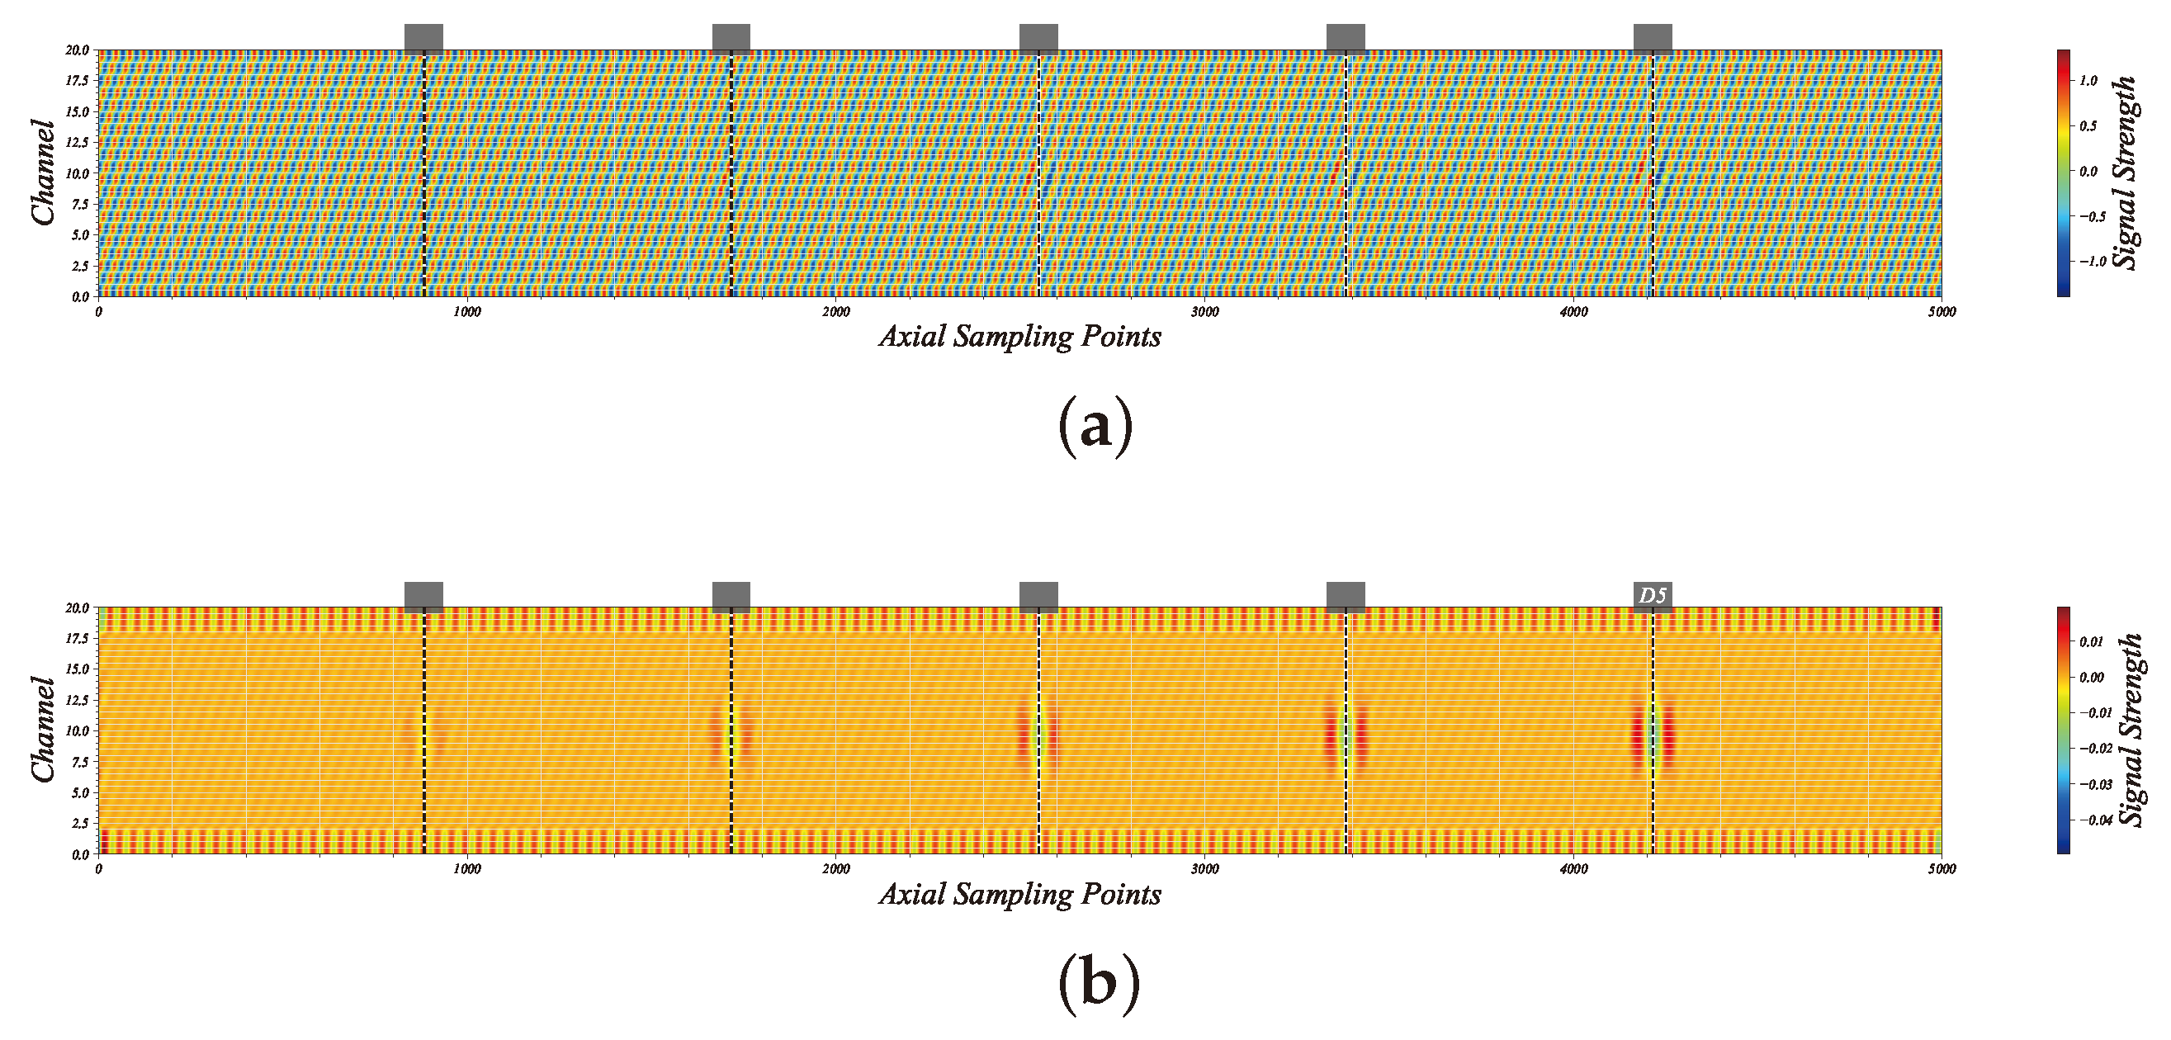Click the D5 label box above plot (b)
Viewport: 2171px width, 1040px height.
pyautogui.click(x=1652, y=595)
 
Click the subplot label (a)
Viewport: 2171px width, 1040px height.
pyautogui.click(x=1095, y=428)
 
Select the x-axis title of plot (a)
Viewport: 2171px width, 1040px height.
pyautogui.click(x=1019, y=337)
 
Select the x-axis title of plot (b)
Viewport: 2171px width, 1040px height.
pyautogui.click(x=1019, y=894)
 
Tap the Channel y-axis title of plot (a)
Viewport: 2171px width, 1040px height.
pyautogui.click(x=44, y=173)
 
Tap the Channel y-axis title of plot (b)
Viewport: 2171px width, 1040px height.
pyautogui.click(x=44, y=730)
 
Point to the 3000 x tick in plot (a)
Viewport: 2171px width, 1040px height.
pyautogui.click(x=1204, y=312)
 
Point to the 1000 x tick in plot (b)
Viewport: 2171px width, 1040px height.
pyautogui.click(x=467, y=869)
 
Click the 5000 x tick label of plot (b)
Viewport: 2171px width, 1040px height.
pyautogui.click(x=1941, y=869)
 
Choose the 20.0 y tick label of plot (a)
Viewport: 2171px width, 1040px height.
pyautogui.click(x=77, y=50)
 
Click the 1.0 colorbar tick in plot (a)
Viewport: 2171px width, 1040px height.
pyautogui.click(x=2088, y=81)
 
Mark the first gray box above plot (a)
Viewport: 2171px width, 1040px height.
pyautogui.click(x=423, y=38)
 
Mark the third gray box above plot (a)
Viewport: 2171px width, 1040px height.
pyautogui.click(x=1038, y=38)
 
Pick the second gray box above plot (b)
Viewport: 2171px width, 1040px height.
pyautogui.click(x=731, y=595)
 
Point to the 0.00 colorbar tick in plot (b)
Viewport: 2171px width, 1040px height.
pyautogui.click(x=2092, y=678)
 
